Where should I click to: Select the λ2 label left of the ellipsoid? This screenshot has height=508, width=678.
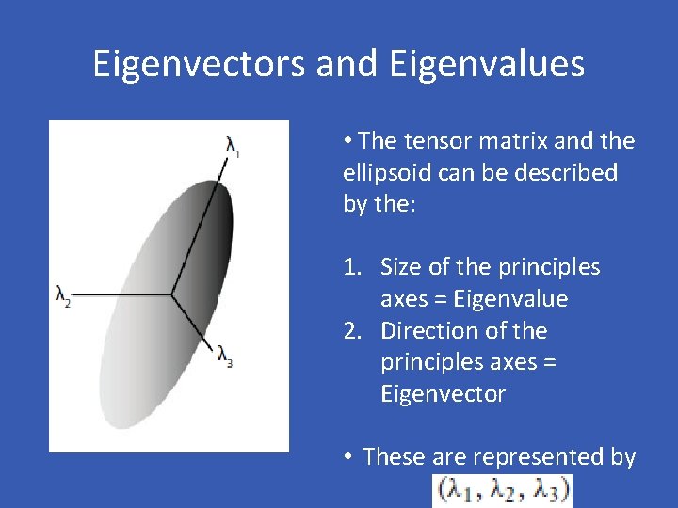(x=63, y=296)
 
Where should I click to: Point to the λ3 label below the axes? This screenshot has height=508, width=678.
(x=224, y=356)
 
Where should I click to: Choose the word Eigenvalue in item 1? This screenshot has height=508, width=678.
(x=509, y=299)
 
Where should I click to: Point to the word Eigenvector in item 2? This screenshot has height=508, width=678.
(x=443, y=394)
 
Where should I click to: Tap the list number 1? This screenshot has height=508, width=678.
(x=350, y=267)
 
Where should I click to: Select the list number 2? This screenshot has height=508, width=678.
(x=351, y=331)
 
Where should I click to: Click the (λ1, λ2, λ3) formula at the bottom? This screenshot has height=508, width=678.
(x=501, y=491)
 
